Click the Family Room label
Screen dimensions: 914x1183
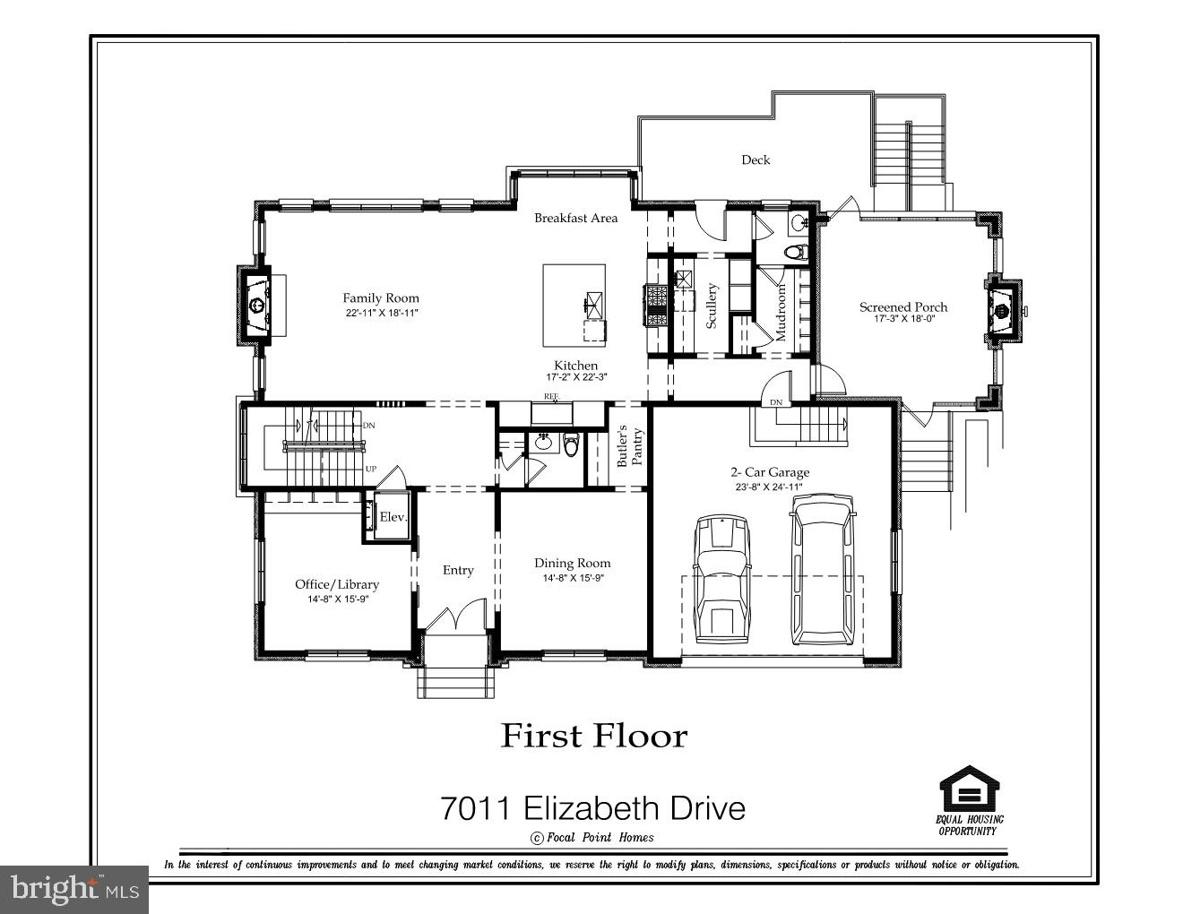pyautogui.click(x=380, y=297)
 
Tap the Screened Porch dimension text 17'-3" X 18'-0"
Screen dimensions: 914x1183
pyautogui.click(x=902, y=319)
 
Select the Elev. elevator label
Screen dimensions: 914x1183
pyautogui.click(x=393, y=517)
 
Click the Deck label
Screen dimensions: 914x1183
pyautogui.click(x=755, y=160)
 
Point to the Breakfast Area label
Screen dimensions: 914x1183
pyautogui.click(x=575, y=218)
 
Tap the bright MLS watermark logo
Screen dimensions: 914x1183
pyautogui.click(x=73, y=889)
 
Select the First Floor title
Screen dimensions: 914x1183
pyautogui.click(x=593, y=736)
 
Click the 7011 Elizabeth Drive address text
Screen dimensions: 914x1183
pyautogui.click(x=592, y=808)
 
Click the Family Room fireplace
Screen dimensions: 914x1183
pyautogui.click(x=255, y=306)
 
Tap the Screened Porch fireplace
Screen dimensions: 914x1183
pyautogui.click(x=1002, y=310)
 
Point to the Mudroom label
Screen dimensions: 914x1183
pyautogui.click(x=781, y=312)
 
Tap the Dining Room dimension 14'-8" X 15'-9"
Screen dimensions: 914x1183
pyautogui.click(x=572, y=578)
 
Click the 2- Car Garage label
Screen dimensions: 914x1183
pyautogui.click(x=769, y=472)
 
